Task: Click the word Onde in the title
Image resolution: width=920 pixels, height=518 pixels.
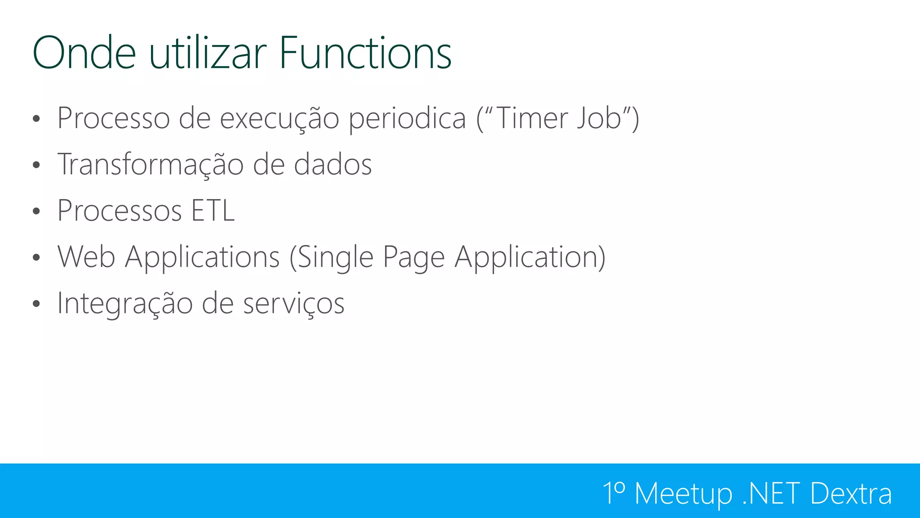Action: pos(84,53)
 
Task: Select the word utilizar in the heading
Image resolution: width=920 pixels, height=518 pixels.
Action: pos(208,53)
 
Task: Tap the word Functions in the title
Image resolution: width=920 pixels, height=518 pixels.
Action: pos(365,53)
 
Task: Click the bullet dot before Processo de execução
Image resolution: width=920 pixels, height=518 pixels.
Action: pos(36,119)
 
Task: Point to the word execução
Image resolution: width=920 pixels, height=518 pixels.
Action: pos(279,119)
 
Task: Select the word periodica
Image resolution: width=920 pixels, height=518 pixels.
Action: pos(407,119)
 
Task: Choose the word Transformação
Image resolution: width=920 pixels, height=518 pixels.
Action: pos(150,165)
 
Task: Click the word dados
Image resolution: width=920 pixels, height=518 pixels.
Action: pos(333,165)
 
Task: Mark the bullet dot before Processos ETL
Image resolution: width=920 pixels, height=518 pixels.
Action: pos(36,211)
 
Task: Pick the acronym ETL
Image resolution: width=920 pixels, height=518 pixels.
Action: pos(213,210)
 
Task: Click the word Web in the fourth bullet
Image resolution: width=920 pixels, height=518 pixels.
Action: pos(86,257)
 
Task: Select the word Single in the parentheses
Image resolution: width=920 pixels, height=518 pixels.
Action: pos(335,258)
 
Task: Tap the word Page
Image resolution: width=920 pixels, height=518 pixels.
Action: pos(413,258)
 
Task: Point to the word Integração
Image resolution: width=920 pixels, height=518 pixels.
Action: pos(124,304)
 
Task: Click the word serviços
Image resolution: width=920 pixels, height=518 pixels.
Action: pos(294,304)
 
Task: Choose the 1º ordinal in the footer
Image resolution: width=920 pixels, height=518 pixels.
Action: pos(614,493)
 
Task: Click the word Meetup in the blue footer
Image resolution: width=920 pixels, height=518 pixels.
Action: pos(683,494)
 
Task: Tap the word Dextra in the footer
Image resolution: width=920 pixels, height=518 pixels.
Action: pos(851,493)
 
